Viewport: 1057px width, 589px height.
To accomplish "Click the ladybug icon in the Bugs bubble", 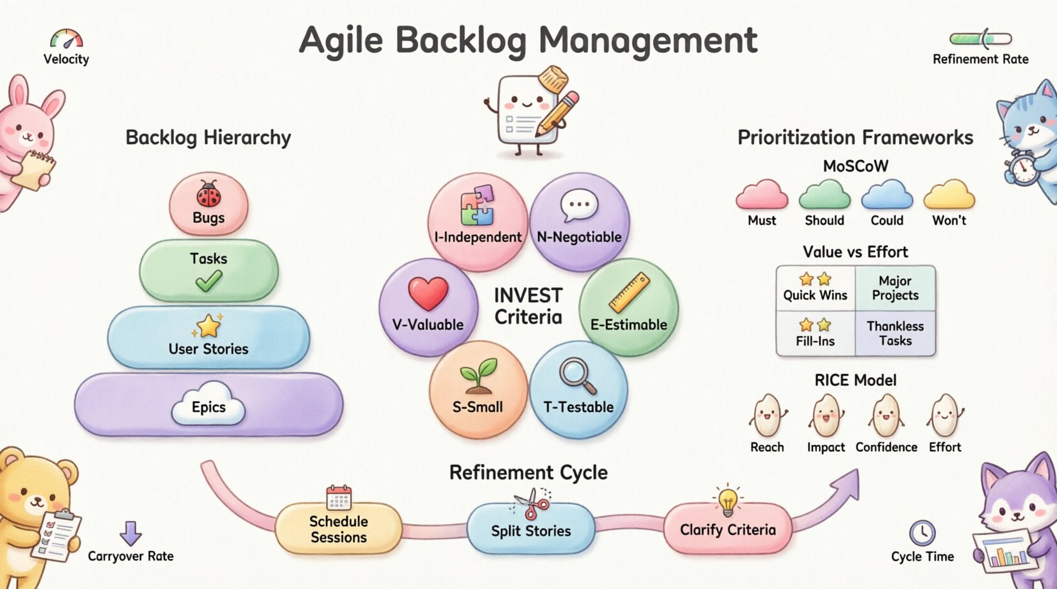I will pyautogui.click(x=208, y=194).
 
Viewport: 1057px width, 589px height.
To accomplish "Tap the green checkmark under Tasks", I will pyautogui.click(x=208, y=280).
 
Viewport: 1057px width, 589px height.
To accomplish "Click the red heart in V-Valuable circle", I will pyautogui.click(x=428, y=294).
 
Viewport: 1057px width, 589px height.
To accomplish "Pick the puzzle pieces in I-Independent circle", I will pyautogui.click(x=478, y=204).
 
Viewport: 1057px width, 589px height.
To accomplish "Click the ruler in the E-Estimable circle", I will pyautogui.click(x=629, y=293).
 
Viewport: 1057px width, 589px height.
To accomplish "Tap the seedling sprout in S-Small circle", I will pyautogui.click(x=478, y=375).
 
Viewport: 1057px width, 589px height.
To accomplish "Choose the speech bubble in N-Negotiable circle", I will pyautogui.click(x=579, y=205).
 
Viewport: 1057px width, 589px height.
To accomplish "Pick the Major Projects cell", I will pyautogui.click(x=895, y=288).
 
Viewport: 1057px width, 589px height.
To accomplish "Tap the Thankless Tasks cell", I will pyautogui.click(x=895, y=333).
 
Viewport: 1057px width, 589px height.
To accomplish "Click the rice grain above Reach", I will pyautogui.click(x=767, y=416).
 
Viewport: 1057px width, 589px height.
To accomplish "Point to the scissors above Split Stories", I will pyautogui.click(x=532, y=505).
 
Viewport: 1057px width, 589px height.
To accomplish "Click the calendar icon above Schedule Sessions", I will pyautogui.click(x=339, y=498).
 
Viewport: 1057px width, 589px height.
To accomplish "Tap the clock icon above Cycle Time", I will pyautogui.click(x=922, y=533).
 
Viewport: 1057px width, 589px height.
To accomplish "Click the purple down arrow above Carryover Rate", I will pyautogui.click(x=130, y=533).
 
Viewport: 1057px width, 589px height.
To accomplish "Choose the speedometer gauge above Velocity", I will pyautogui.click(x=67, y=39).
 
